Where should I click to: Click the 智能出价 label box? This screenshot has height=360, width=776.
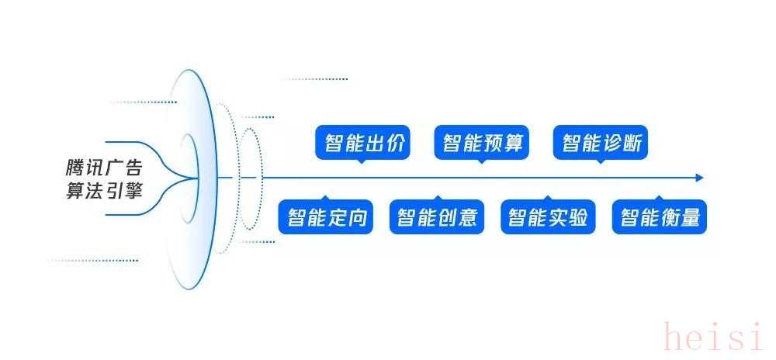362,143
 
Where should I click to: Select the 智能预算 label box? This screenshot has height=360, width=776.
482,143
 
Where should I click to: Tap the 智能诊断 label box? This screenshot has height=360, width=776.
601,143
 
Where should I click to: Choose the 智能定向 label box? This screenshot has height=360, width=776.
326,216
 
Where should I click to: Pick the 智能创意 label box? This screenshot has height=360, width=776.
437,216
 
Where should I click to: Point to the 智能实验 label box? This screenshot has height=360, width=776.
549,216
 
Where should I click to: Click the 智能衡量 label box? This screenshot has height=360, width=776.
660,216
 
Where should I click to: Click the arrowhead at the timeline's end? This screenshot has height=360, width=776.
699,178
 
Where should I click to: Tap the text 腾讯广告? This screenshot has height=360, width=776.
104,168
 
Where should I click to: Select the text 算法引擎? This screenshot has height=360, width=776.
104,191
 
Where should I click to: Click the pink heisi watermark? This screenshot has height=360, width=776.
719,336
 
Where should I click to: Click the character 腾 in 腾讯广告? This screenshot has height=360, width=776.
74,168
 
